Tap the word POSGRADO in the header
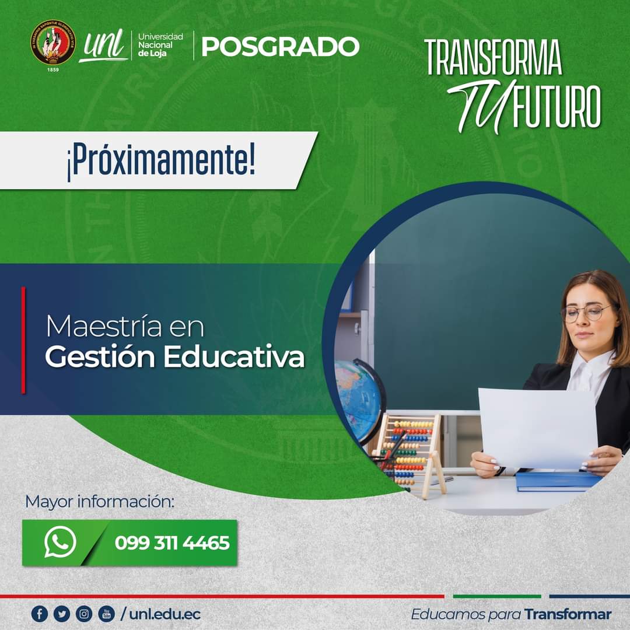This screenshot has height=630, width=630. (280, 47)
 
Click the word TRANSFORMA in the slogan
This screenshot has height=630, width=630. (493, 58)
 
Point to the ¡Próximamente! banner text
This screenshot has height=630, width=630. (160, 161)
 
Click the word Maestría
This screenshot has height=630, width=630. (103, 326)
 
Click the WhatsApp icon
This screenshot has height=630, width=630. (60, 542)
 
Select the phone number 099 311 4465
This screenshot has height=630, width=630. (172, 543)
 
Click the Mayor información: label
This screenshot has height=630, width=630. (100, 501)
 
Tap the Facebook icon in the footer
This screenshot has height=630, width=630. (39, 614)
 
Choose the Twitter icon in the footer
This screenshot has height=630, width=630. (61, 614)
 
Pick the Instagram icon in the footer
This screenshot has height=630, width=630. (84, 614)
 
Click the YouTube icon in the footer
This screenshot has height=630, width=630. (106, 614)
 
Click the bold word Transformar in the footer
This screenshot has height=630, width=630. (568, 614)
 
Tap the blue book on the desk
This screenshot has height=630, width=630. (557, 481)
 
